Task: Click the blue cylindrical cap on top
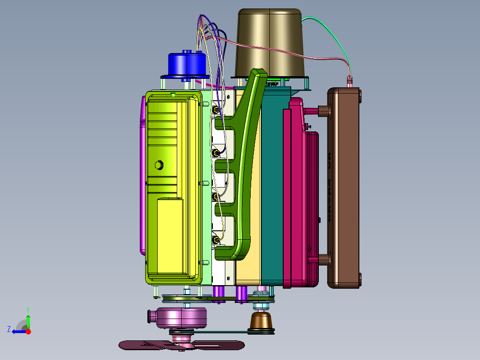point(187,64)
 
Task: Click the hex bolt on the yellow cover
point(159,165)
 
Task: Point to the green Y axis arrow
point(28,319)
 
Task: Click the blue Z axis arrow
point(19,331)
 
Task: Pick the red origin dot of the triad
point(28,331)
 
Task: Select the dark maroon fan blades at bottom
point(182,345)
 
